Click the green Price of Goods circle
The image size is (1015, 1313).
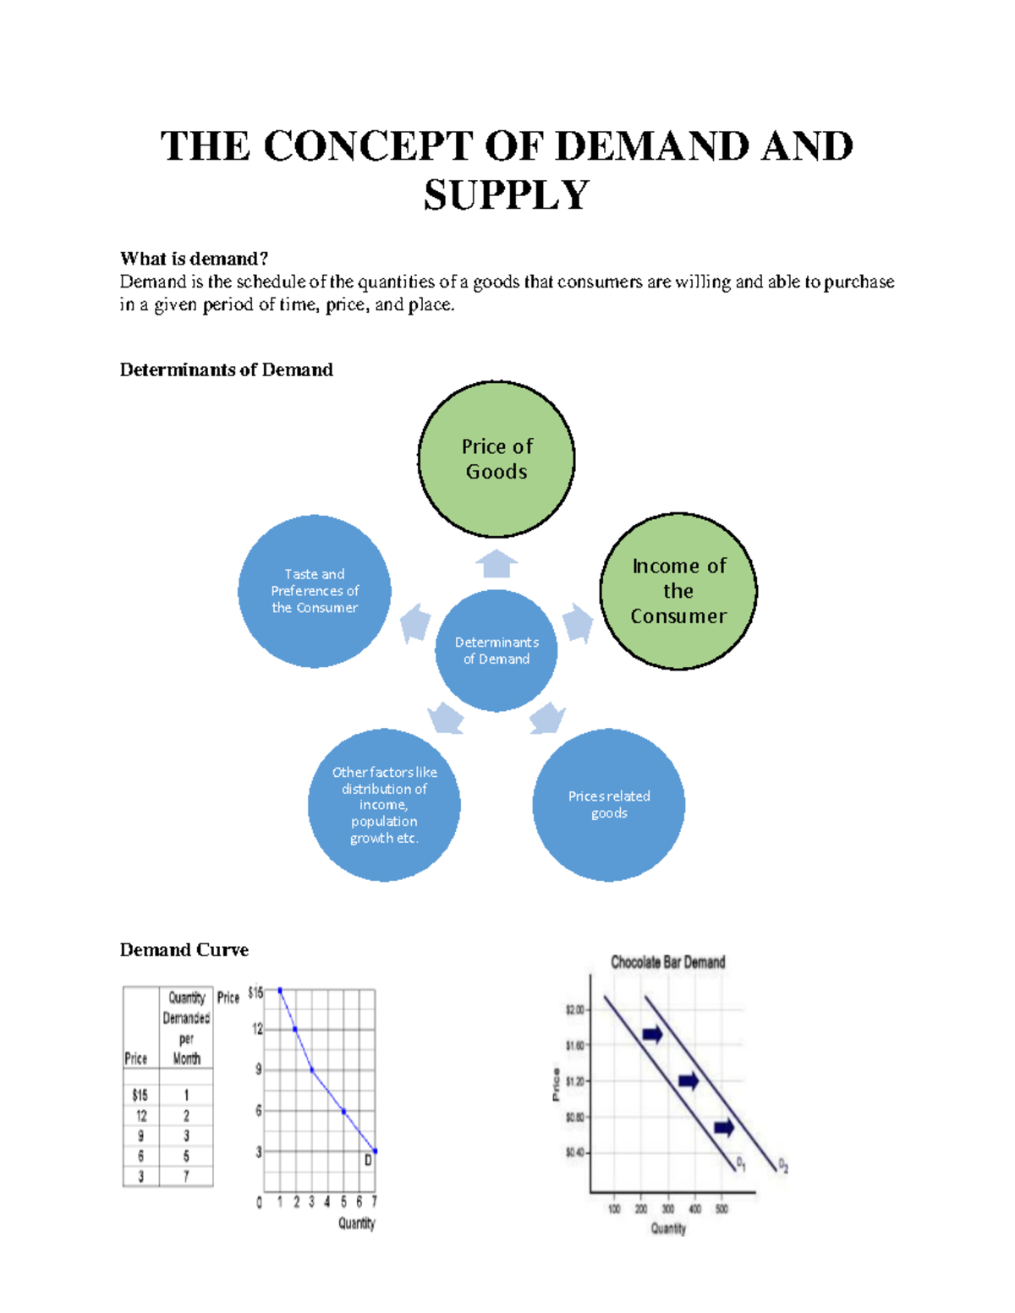pos(497,459)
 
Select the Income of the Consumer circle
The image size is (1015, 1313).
pos(678,591)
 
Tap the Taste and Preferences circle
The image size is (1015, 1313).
pos(315,591)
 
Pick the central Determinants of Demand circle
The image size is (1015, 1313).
pos(497,650)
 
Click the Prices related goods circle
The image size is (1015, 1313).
pos(609,805)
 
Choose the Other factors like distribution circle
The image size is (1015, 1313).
pos(384,805)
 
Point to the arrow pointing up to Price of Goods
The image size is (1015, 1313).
pos(497,563)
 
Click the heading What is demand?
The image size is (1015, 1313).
pos(194,258)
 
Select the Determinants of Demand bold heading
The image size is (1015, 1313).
pos(226,369)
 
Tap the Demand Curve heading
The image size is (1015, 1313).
pos(184,949)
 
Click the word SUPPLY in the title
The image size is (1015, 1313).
pos(506,195)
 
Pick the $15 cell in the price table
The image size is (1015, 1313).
pos(140,1095)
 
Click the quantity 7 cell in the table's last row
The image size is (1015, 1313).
pos(186,1176)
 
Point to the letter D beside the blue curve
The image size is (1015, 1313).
pos(368,1161)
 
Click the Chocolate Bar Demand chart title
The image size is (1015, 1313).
pos(667,962)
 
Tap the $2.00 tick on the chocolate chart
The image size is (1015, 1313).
pos(575,1009)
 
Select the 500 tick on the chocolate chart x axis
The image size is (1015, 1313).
pos(721,1209)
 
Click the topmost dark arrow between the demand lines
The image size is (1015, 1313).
pos(652,1034)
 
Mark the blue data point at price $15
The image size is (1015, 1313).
pos(280,990)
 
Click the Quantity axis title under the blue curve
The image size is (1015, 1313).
pos(356,1223)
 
